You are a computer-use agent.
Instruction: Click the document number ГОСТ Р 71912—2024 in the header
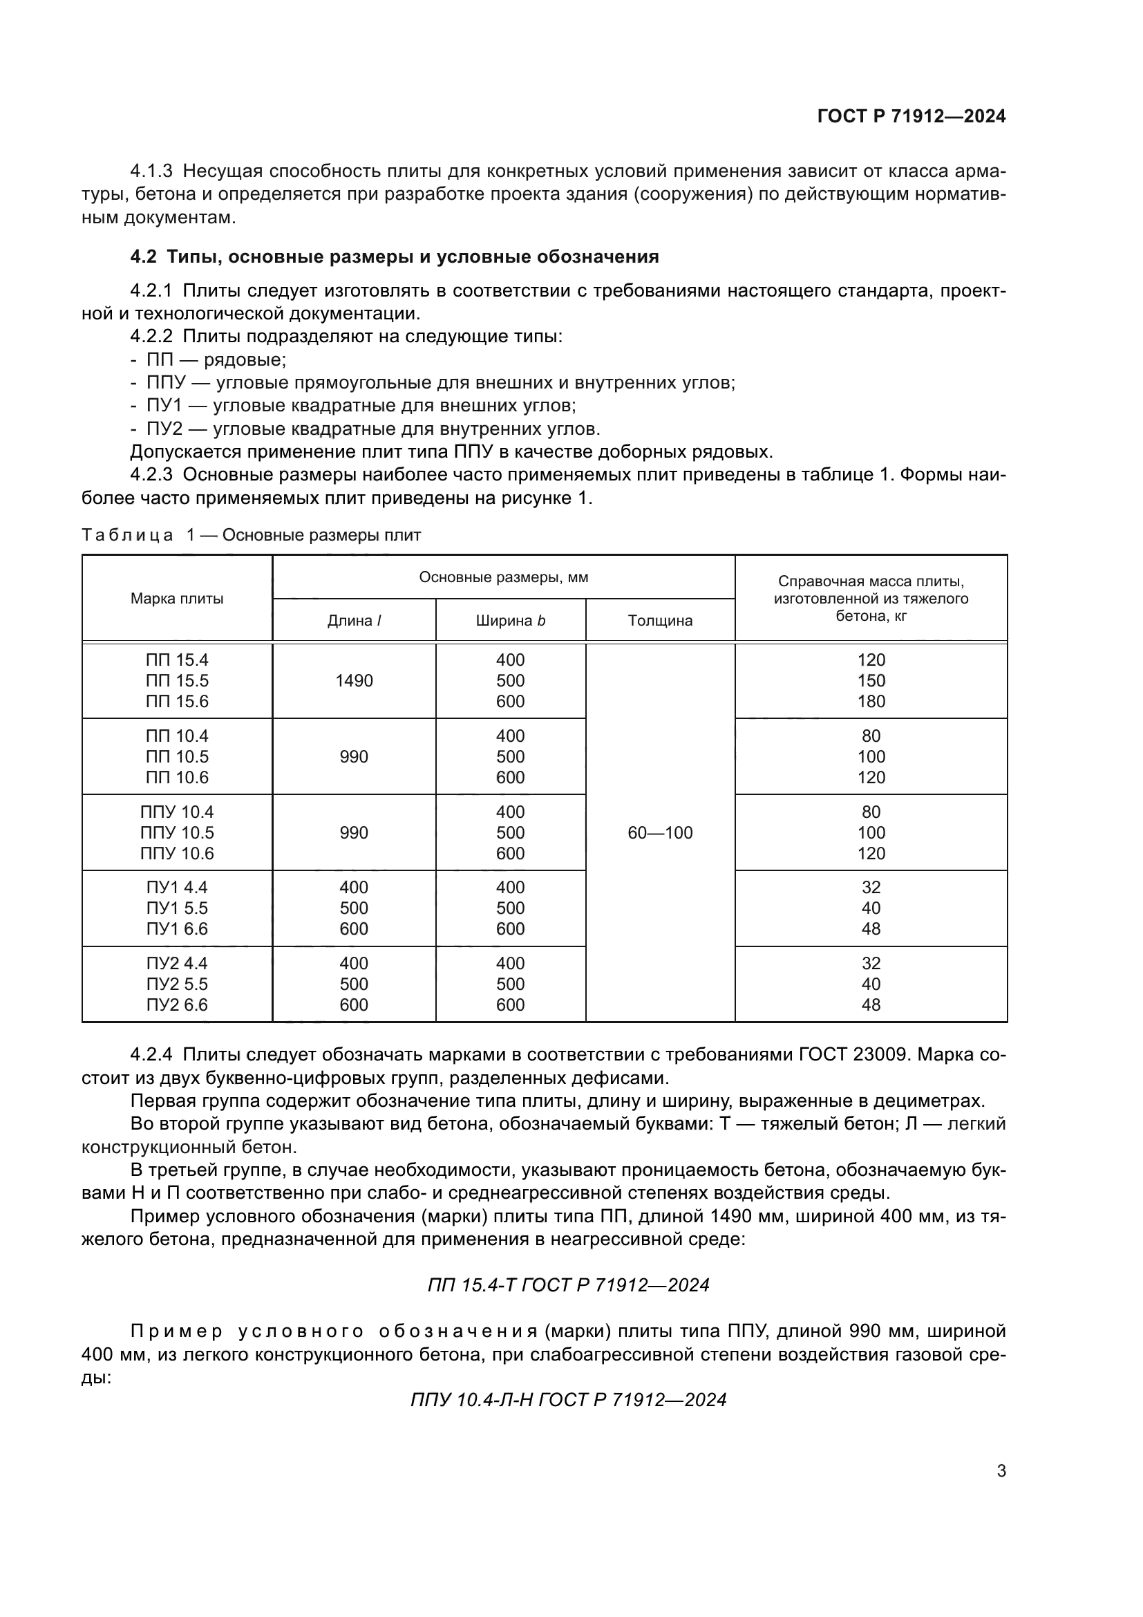911,116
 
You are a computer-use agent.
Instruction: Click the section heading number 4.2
144,256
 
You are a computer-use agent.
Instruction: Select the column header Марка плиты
177,599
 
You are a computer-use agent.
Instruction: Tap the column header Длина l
354,620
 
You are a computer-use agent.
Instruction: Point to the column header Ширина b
510,620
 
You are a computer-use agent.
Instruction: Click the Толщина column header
659,620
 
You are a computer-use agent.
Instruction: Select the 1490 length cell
354,680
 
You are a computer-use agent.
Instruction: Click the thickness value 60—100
659,832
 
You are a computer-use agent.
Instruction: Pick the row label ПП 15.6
177,702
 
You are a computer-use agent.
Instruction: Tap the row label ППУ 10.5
177,832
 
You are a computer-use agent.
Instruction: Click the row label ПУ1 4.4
177,888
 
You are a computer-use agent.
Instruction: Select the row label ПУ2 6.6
177,1005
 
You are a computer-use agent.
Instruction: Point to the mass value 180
871,702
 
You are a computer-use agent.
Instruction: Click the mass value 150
871,680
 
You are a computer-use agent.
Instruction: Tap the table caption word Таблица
127,535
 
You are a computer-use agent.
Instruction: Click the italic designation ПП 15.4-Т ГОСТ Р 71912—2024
568,1285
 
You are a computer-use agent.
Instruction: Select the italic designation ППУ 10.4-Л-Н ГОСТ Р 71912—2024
568,1399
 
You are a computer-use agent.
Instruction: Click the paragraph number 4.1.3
151,171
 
